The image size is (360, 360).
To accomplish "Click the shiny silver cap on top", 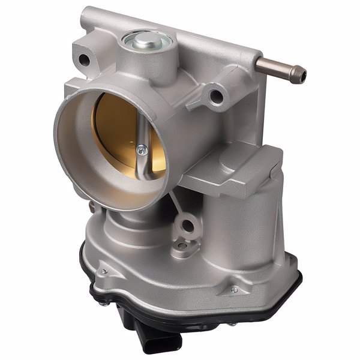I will [x=146, y=41].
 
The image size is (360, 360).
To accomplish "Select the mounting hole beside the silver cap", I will [x=85, y=60].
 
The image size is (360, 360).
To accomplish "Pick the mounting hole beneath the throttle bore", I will [x=188, y=226].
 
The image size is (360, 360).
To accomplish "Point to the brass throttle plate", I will [x=117, y=129].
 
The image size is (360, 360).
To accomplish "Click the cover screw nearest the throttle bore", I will [x=104, y=271].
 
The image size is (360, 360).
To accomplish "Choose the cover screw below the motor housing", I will [x=234, y=290].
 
